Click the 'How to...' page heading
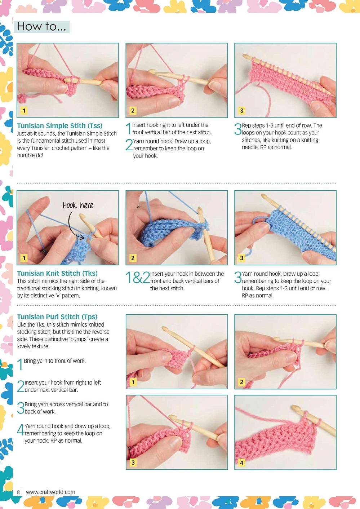[41, 27]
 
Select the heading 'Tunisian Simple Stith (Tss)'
[60, 126]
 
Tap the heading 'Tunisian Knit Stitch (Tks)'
[57, 273]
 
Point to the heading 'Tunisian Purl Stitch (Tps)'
[57, 317]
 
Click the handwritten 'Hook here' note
[78, 205]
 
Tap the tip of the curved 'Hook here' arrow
[84, 238]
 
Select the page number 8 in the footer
[18, 492]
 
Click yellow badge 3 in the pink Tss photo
[242, 111]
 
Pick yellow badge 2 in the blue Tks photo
[133, 258]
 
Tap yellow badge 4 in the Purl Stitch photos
[242, 462]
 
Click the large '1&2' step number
[138, 278]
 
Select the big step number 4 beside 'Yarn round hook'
[21, 429]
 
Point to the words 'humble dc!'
[30, 155]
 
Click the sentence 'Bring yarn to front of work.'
[55, 361]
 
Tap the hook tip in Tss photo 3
[245, 56]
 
